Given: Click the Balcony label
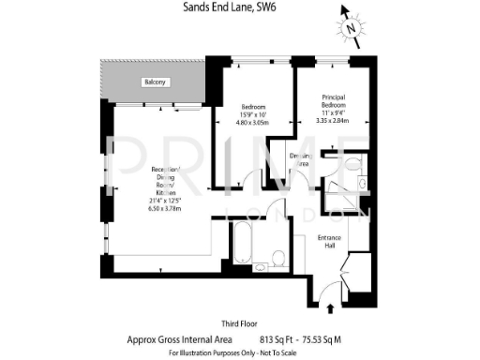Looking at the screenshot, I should (156, 83).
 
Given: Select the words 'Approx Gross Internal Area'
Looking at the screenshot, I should (172, 339).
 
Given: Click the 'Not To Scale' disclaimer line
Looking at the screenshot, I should (238, 353).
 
